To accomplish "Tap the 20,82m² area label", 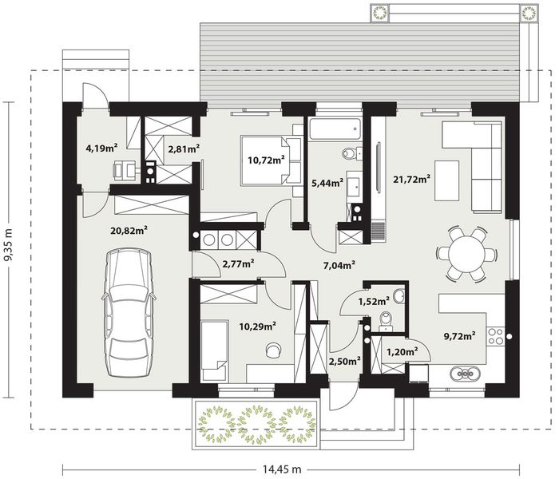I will (129, 231).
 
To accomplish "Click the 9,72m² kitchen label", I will (458, 335).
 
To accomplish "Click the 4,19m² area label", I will (101, 147).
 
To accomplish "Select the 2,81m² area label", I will (183, 147).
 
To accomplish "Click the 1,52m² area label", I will (374, 301).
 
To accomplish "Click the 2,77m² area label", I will (238, 263).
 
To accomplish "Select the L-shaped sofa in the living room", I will (479, 164).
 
